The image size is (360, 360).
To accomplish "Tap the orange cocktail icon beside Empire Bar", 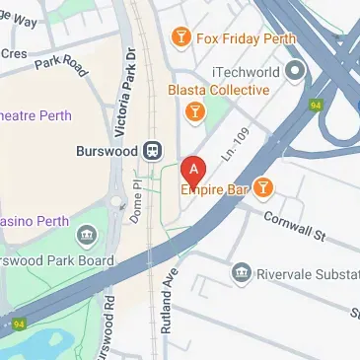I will [x=262, y=186].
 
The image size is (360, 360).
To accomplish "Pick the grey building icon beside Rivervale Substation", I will [x=239, y=272].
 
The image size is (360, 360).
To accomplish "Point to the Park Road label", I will [x=62, y=64].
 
